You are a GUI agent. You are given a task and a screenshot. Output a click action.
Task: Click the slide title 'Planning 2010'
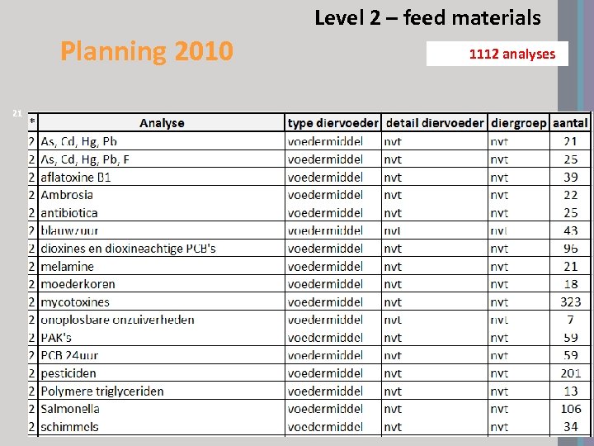click(x=147, y=52)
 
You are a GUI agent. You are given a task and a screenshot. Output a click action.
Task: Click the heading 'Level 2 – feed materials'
click(x=427, y=17)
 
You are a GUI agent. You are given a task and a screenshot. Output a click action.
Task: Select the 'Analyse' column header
click(x=162, y=123)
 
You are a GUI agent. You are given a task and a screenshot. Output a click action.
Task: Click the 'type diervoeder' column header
click(x=333, y=123)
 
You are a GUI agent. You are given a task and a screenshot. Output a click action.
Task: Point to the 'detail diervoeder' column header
click(x=435, y=123)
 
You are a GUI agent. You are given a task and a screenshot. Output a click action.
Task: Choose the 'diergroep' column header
click(x=518, y=123)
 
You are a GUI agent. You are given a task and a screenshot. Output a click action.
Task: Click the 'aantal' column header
click(x=570, y=123)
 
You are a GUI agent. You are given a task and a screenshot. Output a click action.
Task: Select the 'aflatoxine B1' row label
click(x=76, y=177)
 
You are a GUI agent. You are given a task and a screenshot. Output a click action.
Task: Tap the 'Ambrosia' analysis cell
click(x=67, y=195)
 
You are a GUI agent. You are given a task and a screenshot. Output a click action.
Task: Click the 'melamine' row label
click(x=67, y=266)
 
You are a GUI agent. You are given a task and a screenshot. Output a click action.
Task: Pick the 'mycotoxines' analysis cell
click(x=75, y=302)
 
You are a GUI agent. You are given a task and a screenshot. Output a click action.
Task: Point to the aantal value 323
click(x=570, y=302)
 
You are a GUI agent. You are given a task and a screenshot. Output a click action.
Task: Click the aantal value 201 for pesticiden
click(x=570, y=373)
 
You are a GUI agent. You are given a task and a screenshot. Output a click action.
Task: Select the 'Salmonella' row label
click(x=70, y=409)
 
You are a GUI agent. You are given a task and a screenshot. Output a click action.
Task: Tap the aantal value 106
click(x=570, y=409)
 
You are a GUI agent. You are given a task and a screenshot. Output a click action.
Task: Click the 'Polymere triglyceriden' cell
click(x=102, y=391)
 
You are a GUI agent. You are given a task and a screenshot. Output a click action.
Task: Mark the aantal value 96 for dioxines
click(x=570, y=249)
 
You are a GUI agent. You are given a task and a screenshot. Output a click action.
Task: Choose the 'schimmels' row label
click(x=69, y=427)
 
